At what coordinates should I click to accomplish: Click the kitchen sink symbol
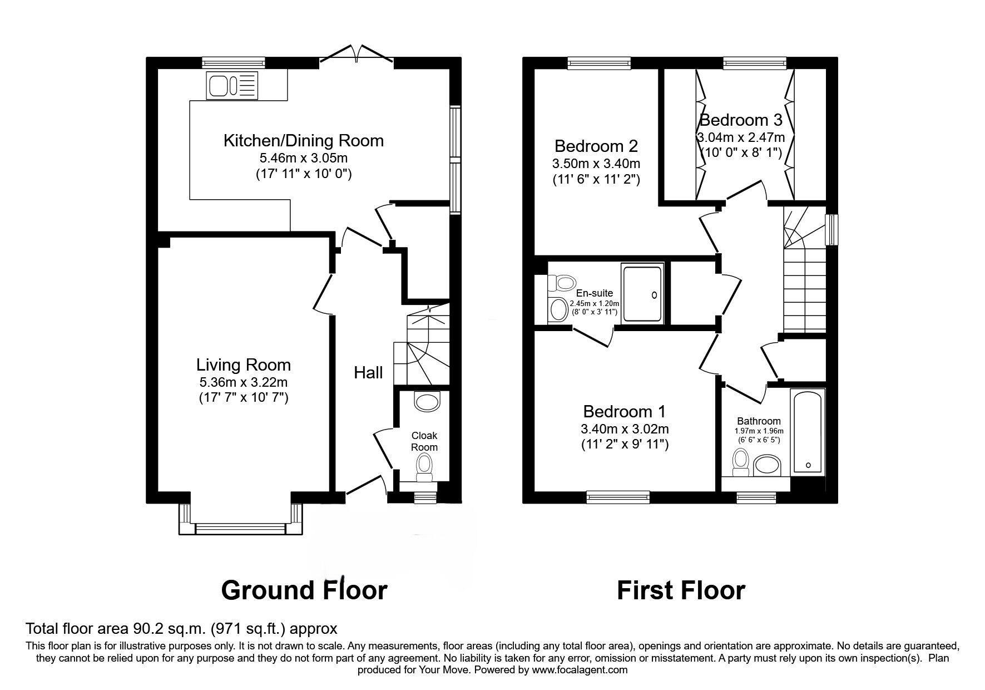click(232, 86)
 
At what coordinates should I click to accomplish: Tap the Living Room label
click(243, 365)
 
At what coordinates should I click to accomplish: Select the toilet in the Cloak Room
click(424, 466)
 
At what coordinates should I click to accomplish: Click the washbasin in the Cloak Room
click(427, 402)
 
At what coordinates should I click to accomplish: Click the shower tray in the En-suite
click(643, 294)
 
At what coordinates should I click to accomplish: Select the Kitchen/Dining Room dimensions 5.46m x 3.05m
click(303, 158)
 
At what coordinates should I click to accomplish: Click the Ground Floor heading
click(304, 590)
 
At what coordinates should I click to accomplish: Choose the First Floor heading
click(680, 590)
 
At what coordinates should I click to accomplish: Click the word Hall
click(368, 372)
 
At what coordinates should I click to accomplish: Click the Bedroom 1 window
click(617, 495)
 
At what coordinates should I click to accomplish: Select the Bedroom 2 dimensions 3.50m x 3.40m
click(596, 164)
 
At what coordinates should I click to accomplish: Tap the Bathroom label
click(759, 421)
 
